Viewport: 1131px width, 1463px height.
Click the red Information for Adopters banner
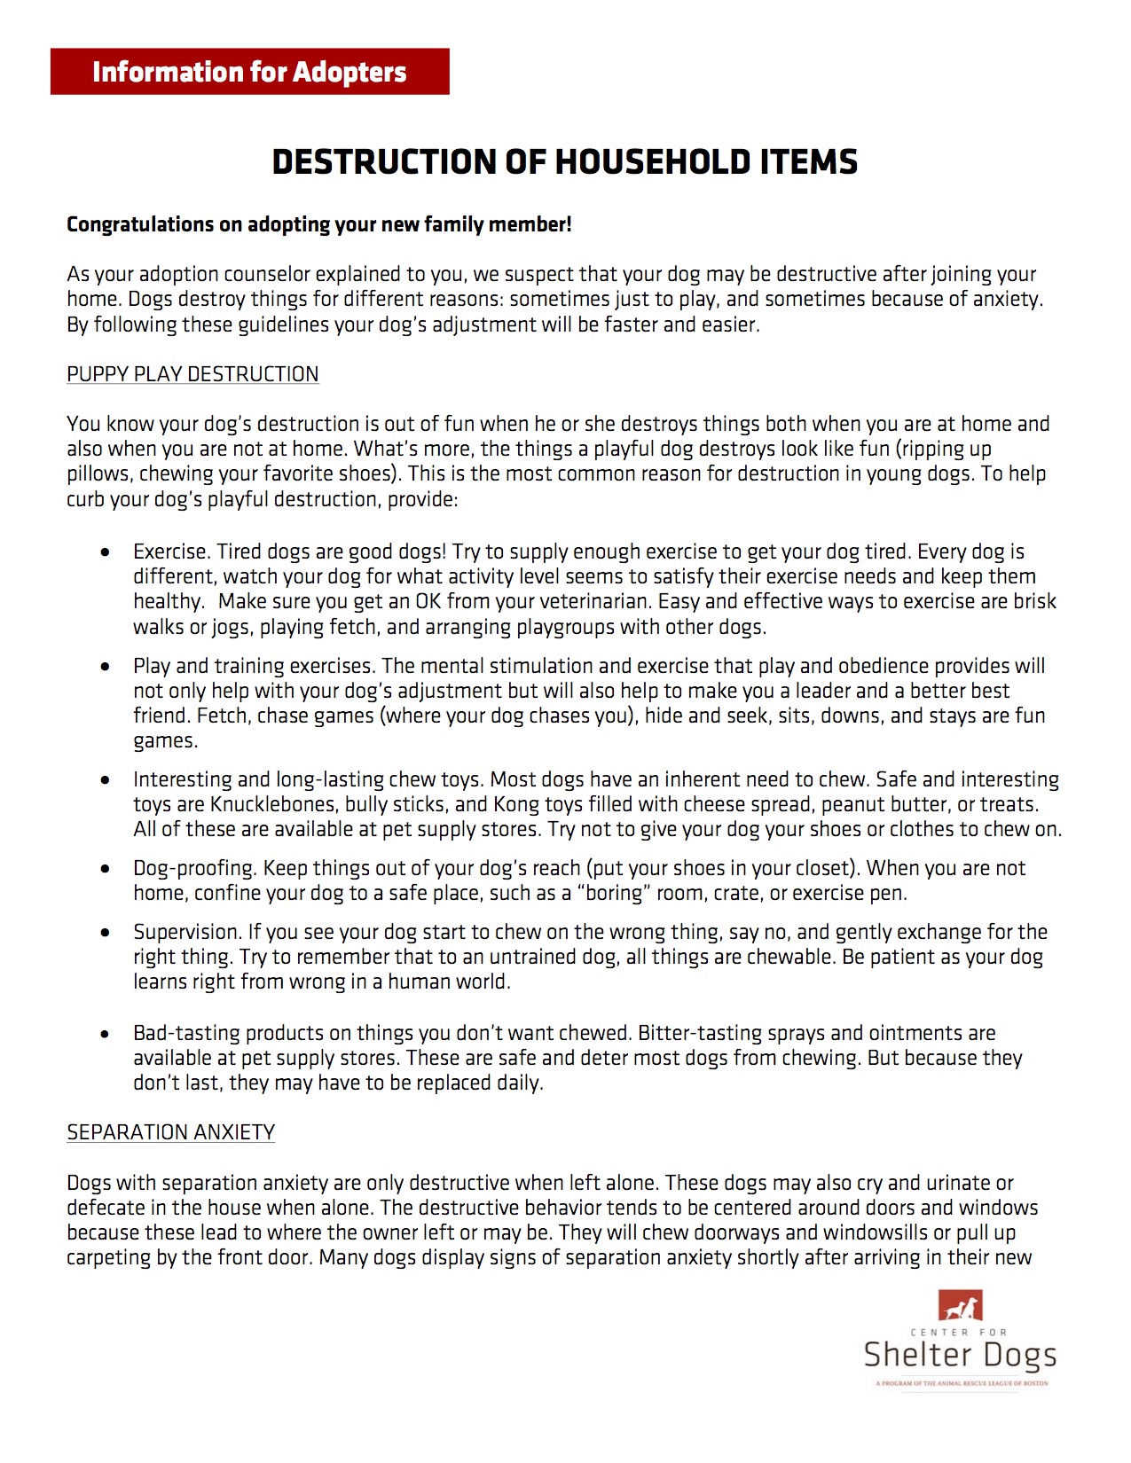(x=249, y=72)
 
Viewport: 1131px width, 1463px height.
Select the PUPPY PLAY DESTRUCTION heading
(x=192, y=374)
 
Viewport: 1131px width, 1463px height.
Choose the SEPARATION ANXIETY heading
(x=170, y=1132)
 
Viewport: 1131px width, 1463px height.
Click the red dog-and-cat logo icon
(x=960, y=1305)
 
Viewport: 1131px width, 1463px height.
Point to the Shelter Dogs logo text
(x=960, y=1355)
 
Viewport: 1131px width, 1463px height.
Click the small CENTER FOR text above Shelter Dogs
(x=959, y=1332)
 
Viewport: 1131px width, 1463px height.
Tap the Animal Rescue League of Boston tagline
(x=962, y=1383)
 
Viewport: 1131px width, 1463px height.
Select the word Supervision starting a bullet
(x=186, y=932)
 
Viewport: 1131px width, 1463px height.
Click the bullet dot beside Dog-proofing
(x=106, y=869)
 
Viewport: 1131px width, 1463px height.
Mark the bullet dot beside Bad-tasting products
(x=106, y=1034)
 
